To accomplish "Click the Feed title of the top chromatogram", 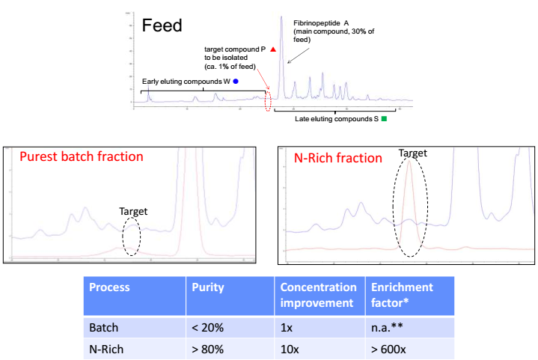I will (x=162, y=26).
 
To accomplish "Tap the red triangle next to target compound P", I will (x=274, y=49).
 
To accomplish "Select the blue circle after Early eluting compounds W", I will (x=236, y=81).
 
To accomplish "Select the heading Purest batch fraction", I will (x=81, y=157).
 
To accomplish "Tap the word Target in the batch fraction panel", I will (x=134, y=211).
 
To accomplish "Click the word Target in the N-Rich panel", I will (x=412, y=153).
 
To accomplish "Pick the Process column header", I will (x=109, y=287).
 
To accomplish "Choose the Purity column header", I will (x=207, y=287).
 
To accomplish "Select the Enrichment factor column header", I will (x=399, y=294).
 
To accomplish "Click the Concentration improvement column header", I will (x=318, y=294).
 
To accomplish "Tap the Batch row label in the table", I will (x=104, y=327).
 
